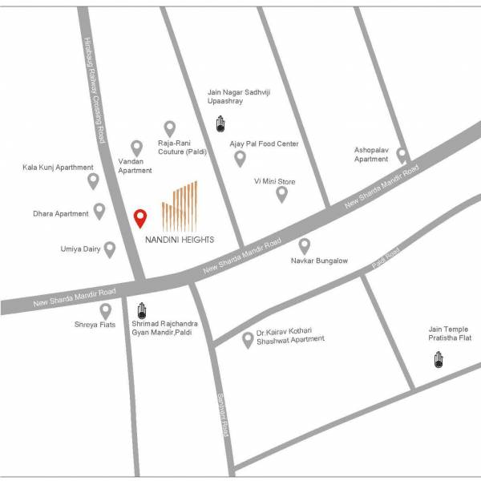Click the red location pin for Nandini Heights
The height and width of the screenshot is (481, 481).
[140, 218]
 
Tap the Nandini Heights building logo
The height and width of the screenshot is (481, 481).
[179, 205]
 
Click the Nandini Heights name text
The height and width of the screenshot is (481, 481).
[180, 238]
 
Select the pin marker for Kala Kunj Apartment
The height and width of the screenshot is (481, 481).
[93, 181]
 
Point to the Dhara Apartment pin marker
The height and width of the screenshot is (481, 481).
[99, 212]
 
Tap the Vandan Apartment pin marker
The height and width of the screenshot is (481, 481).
[137, 148]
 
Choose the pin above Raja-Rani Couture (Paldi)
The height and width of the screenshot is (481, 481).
[170, 128]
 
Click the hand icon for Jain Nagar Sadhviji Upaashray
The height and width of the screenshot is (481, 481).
[220, 123]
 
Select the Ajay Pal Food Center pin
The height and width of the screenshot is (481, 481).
[240, 159]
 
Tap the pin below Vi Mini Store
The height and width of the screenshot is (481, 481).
[281, 194]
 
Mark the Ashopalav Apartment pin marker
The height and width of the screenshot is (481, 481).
[402, 156]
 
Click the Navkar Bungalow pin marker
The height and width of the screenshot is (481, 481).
[305, 246]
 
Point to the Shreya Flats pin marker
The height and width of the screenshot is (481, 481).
[105, 311]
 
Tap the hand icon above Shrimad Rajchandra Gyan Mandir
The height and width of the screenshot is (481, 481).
[143, 309]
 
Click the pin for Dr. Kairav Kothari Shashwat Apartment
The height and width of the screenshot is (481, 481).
[248, 340]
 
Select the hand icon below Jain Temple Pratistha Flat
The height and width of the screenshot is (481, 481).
[439, 360]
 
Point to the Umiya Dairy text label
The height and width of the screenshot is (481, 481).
[81, 249]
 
